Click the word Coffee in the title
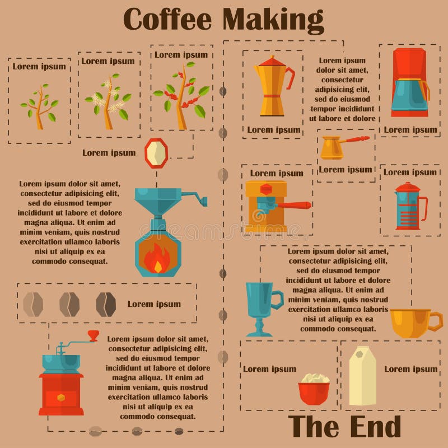167,19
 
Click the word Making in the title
273,19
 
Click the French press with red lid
410,206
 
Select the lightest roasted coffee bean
33,304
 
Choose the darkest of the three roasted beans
105,304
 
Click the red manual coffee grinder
61,381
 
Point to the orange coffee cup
413,323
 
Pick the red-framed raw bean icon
156,152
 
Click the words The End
344,427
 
